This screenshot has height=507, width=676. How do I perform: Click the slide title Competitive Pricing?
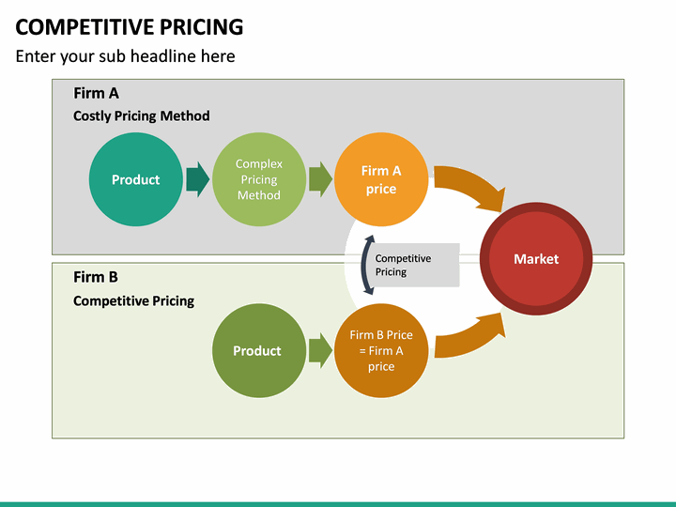130,26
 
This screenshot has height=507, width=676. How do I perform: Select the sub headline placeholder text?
125,56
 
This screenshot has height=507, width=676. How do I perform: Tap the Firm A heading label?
96,93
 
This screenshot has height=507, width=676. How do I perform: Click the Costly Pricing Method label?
141,115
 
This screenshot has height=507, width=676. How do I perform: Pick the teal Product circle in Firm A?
135,179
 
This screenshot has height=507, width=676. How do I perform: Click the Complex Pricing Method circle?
258,179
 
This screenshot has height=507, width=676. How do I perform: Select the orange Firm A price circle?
380,179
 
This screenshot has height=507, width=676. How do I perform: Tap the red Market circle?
536,258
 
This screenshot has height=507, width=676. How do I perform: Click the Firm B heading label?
96,277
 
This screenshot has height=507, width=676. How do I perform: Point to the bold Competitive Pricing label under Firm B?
133,300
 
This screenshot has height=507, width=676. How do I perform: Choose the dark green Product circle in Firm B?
257,350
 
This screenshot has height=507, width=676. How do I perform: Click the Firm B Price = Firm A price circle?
380,350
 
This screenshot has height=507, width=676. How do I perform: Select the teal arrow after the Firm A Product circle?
197,178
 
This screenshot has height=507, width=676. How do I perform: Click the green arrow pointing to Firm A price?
320,178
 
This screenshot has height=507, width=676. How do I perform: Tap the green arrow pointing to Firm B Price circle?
320,350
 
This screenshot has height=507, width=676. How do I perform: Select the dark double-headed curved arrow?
366,265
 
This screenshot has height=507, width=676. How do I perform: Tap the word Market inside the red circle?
536,258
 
